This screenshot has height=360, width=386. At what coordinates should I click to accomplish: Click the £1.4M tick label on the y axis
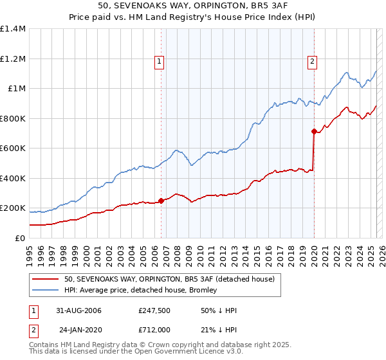(x=13, y=29)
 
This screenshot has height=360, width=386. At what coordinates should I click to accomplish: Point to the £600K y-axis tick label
(x=13, y=148)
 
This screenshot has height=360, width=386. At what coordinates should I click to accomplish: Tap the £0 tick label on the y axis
(x=21, y=239)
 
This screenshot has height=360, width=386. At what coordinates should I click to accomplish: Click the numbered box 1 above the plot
(x=159, y=62)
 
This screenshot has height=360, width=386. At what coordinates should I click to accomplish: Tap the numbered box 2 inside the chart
(x=312, y=62)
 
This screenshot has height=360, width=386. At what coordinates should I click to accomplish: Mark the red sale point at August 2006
(x=161, y=201)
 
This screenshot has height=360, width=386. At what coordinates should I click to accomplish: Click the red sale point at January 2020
(x=314, y=131)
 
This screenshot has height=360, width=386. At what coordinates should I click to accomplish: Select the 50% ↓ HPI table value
(x=219, y=310)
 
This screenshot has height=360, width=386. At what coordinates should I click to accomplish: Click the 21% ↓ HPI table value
(x=219, y=329)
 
